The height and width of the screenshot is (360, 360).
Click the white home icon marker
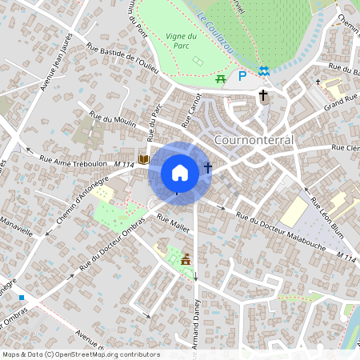[180, 173]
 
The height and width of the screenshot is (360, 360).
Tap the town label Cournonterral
[255, 139]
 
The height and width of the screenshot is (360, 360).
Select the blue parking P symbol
[242, 77]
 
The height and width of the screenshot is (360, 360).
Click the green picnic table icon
[221, 78]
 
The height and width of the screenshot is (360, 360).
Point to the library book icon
[144, 159]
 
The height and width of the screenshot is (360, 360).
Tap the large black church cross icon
[263, 95]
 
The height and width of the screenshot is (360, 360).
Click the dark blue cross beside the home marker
[208, 168]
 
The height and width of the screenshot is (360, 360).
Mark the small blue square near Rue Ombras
[22, 298]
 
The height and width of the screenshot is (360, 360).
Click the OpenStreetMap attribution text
[81, 354]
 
